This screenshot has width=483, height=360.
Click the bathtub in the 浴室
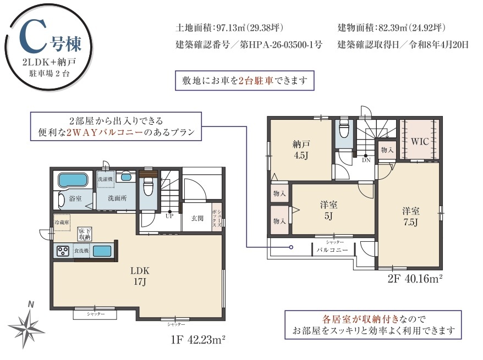pyautogui.click(x=73, y=180)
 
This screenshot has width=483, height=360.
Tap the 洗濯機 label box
pyautogui.click(x=106, y=179)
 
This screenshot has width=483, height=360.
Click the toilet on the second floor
pyautogui.click(x=344, y=130)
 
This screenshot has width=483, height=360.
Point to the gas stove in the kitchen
pyautogui.click(x=63, y=251)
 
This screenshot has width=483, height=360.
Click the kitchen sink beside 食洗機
pyautogui.click(x=102, y=251)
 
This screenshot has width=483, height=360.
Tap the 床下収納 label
pyautogui.click(x=84, y=234)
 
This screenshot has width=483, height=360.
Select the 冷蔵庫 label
pyautogui.click(x=62, y=223)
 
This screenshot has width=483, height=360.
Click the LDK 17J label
pyautogui.click(x=140, y=276)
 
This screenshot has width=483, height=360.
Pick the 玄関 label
pyautogui.click(x=197, y=218)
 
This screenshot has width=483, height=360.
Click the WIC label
pyautogui.click(x=420, y=142)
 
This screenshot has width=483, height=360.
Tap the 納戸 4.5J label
pyautogui.click(x=301, y=149)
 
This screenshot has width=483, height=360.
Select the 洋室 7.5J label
pyautogui.click(x=410, y=217)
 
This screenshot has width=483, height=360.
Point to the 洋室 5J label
pyautogui.click(x=328, y=210)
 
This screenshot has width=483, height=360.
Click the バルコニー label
pyautogui.click(x=332, y=250)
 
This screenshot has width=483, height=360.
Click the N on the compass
pyautogui.click(x=30, y=304)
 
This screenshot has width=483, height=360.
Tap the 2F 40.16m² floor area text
pyautogui.click(x=415, y=279)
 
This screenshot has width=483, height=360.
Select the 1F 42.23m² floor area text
pyautogui.click(x=197, y=340)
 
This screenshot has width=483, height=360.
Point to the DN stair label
pyautogui.click(x=366, y=160)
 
